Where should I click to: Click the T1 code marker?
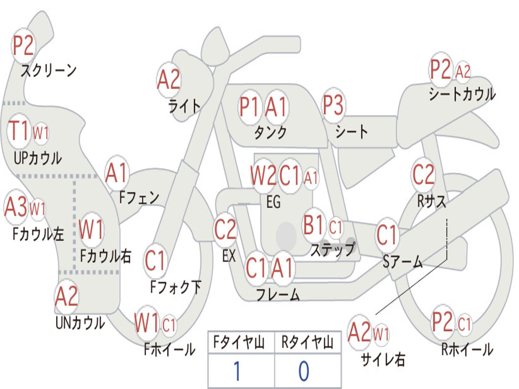tap(19, 131)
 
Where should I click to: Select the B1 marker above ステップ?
tap(313, 224)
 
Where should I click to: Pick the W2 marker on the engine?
tap(264, 175)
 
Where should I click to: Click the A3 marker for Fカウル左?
tap(16, 207)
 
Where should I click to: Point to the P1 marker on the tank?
tap(249, 107)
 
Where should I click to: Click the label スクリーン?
tap(48, 70)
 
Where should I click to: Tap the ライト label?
tap(184, 106)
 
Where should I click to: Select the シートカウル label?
tap(462, 94)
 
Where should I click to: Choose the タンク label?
tap(271, 132)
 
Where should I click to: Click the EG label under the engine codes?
tap(273, 202)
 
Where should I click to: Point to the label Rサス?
tap(431, 201)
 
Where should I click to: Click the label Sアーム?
tap(403, 262)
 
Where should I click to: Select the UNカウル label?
tap(80, 323)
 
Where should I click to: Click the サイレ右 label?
tap(383, 359)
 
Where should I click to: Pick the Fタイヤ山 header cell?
tap(241, 342)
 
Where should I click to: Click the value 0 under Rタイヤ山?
tap(304, 371)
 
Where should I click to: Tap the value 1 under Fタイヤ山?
tap(237, 371)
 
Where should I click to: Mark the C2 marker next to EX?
tap(225, 229)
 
